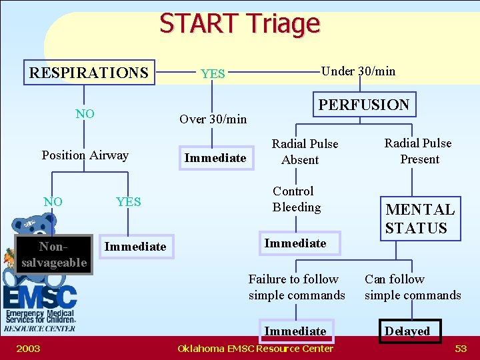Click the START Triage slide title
click(x=239, y=23)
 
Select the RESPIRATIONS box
click(x=89, y=72)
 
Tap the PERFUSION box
click(x=364, y=105)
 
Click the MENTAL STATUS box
click(x=420, y=219)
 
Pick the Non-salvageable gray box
click(x=53, y=255)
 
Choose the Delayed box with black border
click(x=407, y=331)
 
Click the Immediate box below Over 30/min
click(x=215, y=158)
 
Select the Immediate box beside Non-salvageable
click(x=135, y=247)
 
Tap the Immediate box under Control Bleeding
click(x=295, y=243)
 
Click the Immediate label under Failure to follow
click(x=295, y=331)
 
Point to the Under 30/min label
click(x=359, y=71)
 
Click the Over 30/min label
click(x=213, y=119)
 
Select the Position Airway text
click(x=85, y=155)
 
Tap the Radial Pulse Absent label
click(x=304, y=152)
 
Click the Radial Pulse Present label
click(x=418, y=151)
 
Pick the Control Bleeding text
click(x=296, y=199)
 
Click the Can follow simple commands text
click(x=412, y=287)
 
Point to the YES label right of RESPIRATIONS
click(x=213, y=74)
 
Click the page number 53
click(x=461, y=349)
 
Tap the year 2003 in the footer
click(x=28, y=349)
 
